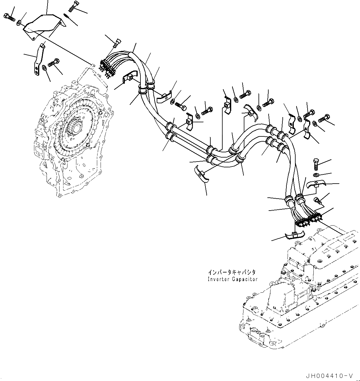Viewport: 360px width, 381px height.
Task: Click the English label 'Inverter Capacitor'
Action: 232,279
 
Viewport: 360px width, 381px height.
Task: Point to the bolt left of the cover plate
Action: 10,17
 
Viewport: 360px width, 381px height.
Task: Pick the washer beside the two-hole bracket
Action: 44,67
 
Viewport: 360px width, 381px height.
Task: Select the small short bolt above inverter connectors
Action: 318,201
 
